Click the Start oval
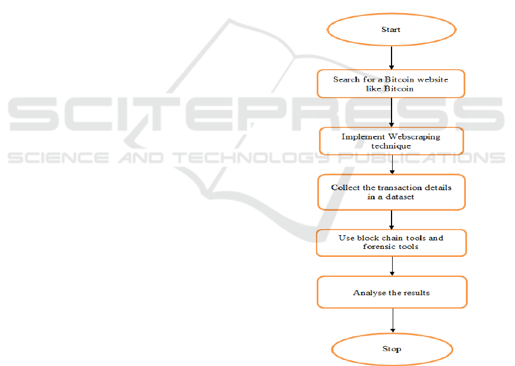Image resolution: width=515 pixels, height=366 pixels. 391,30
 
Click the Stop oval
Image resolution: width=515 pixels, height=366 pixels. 392,349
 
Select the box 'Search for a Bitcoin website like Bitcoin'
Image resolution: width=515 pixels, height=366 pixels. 391,84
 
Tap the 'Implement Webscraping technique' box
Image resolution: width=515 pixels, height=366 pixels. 391,141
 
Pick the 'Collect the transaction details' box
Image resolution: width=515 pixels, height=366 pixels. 392,192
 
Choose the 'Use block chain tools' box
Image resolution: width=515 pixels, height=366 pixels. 391,242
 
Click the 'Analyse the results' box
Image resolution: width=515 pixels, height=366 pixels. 392,293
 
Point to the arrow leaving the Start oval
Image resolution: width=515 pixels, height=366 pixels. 392,58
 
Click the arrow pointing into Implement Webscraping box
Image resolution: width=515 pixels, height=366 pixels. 392,112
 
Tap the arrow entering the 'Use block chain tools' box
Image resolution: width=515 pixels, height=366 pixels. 392,220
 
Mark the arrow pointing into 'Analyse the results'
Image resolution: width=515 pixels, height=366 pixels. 392,267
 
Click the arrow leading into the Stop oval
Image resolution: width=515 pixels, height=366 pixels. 393,321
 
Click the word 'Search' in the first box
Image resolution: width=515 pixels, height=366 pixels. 346,79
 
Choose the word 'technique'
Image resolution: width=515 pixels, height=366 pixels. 391,146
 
